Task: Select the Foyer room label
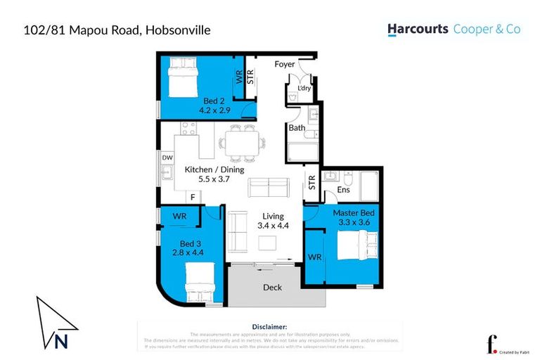(x=284, y=65)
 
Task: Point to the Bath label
(x=296, y=128)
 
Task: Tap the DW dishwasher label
(x=167, y=158)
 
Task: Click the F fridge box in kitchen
(x=192, y=198)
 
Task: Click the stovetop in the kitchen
(x=188, y=129)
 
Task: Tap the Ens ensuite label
(x=344, y=190)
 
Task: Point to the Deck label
(x=272, y=287)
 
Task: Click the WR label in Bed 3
(x=179, y=217)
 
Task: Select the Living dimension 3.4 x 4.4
(x=272, y=226)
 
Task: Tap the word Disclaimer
(x=269, y=327)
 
